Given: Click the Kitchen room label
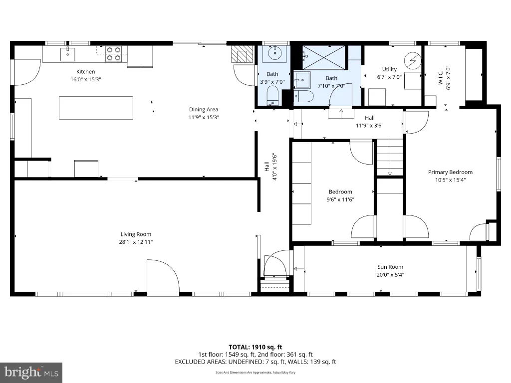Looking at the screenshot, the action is coord(86,72).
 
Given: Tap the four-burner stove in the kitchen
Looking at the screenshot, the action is coord(113,54).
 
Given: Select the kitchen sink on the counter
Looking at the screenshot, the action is coord(67,54).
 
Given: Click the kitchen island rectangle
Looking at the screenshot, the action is coord(96,108).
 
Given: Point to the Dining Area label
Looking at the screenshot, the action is coord(204,109).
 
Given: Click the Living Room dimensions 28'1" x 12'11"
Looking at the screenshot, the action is coord(136,242).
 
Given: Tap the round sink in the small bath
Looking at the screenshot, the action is coord(275,52).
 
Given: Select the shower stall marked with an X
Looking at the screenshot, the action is coord(323,57).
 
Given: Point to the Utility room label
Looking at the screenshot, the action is coord(389,69).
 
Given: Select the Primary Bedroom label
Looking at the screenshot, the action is coord(451,172).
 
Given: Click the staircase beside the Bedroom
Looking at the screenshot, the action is coord(390,158).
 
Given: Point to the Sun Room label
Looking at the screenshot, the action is coord(390,267).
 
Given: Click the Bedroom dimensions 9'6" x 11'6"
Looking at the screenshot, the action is coord(340,199).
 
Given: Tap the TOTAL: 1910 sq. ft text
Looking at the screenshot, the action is coord(255,347).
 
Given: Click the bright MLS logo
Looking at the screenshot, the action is coord(31,373).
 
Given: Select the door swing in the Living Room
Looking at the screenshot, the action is coord(163,276).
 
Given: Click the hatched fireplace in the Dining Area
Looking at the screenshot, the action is coord(242,54).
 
